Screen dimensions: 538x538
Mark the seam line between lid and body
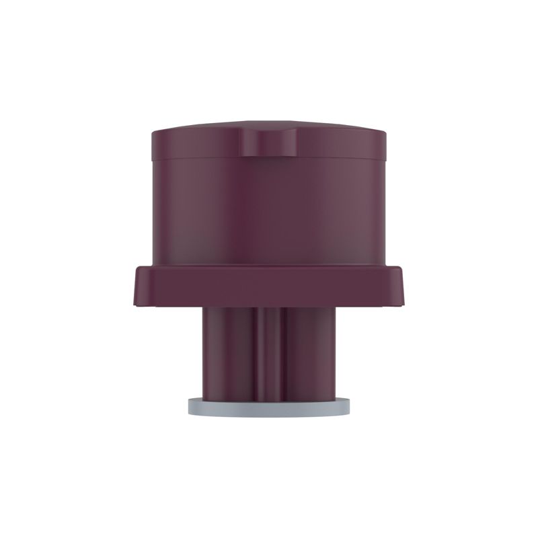pos(202,159)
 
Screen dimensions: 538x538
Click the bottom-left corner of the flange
pos(137,306)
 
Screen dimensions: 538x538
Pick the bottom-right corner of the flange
pos(401,306)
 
